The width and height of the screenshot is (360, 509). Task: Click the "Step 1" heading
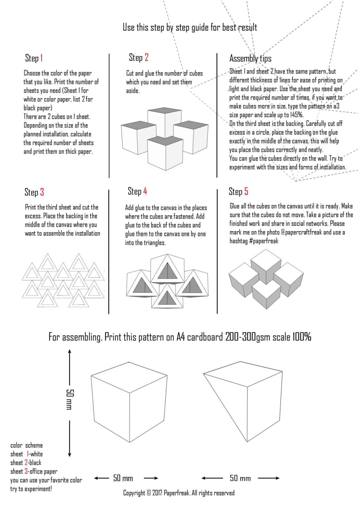pyautogui.click(x=34, y=58)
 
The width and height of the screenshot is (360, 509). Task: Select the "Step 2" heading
pyautogui.click(x=139, y=58)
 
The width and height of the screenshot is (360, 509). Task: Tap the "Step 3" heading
pyautogui.click(x=34, y=192)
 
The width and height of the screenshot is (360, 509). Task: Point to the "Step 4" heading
pyautogui.click(x=137, y=192)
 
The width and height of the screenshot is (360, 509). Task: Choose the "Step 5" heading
pyautogui.click(x=238, y=192)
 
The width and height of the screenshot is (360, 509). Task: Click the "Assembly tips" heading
pyautogui.click(x=250, y=59)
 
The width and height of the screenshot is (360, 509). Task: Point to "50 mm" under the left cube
pyautogui.click(x=123, y=478)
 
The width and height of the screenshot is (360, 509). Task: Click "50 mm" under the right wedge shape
pyautogui.click(x=240, y=478)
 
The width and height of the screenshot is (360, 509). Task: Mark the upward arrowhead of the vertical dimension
pyautogui.click(x=70, y=351)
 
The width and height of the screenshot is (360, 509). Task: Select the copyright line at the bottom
pyautogui.click(x=179, y=493)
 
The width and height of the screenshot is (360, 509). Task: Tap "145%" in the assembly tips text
pyautogui.click(x=296, y=115)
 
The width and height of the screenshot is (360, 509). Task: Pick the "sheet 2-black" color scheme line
pyautogui.click(x=26, y=463)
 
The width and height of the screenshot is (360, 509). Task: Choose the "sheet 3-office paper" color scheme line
pyautogui.click(x=34, y=472)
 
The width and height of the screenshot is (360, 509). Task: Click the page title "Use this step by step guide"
pyautogui.click(x=190, y=28)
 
